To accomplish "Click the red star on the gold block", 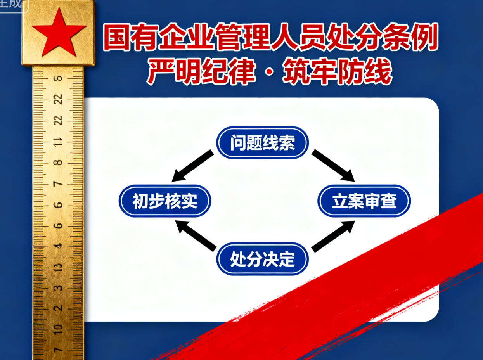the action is [x=59, y=33].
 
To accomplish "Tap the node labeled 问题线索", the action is [x=262, y=143].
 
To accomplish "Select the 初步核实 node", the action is [x=165, y=201].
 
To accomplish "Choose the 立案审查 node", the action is [x=364, y=201].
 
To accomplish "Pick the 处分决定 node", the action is [x=262, y=259].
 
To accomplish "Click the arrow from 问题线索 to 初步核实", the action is [x=192, y=166].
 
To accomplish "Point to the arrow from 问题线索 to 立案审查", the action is [x=333, y=166].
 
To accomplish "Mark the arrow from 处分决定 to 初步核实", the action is [x=196, y=236].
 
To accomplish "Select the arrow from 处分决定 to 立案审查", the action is [x=333, y=236].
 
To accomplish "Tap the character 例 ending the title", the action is [x=424, y=37].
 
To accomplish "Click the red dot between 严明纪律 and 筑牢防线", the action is [x=269, y=72].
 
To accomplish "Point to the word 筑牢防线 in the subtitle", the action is [x=338, y=72].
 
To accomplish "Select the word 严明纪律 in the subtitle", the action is [x=201, y=72].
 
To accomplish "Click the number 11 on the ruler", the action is [x=58, y=142].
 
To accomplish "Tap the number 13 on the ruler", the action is [x=58, y=267].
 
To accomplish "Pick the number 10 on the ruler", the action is [x=58, y=329].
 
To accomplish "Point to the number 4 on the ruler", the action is [x=58, y=246].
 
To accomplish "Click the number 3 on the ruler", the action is [x=58, y=287].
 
